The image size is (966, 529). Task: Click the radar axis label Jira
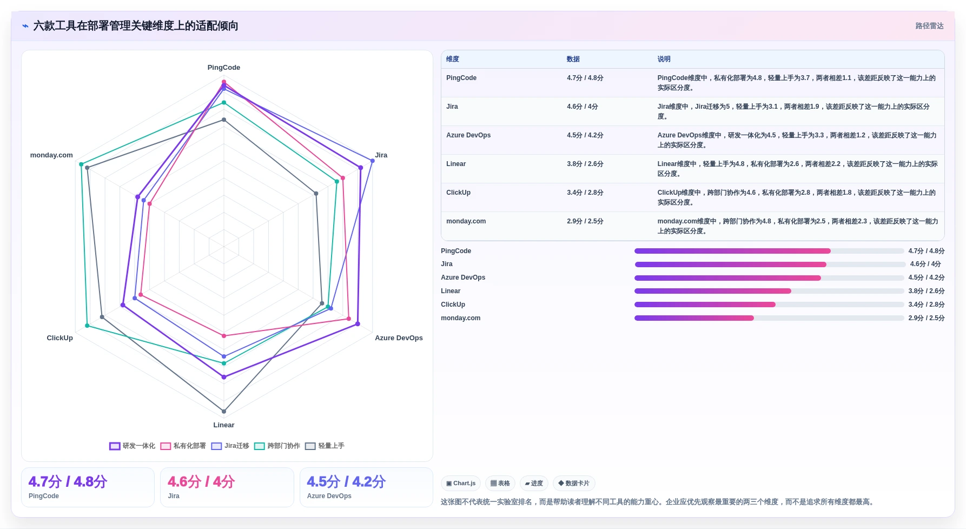point(381,155)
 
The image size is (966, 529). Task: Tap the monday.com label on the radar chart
point(51,155)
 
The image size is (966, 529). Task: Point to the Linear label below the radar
point(224,425)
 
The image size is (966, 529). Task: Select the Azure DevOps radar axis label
point(399,338)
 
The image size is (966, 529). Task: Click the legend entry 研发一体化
point(132,446)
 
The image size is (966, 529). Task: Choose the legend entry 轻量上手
point(325,446)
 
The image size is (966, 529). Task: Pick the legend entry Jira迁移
point(230,446)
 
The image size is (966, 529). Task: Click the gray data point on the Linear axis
point(224,412)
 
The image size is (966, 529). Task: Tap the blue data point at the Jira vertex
point(372,161)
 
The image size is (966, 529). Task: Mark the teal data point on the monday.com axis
point(81,164)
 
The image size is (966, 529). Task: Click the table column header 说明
point(664,59)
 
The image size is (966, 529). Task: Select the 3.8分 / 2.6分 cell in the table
point(585,164)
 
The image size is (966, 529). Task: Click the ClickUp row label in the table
point(458,193)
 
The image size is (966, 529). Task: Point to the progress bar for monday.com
point(769,318)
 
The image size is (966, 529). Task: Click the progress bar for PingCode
point(769,251)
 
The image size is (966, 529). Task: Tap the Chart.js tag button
point(461,484)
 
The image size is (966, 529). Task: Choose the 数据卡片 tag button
point(574,484)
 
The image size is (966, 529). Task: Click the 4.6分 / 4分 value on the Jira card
point(201,482)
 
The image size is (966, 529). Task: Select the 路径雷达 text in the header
point(929,26)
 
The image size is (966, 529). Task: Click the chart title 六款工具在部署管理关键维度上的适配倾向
point(136,26)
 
